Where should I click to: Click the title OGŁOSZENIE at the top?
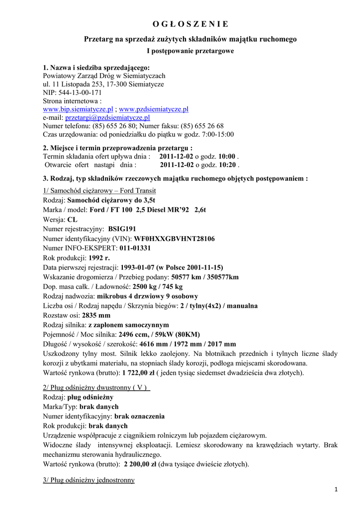pyautogui.click(x=190, y=24)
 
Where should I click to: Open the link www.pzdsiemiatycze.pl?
pyautogui.click(x=154, y=109)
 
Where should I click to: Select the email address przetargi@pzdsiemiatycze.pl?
pyautogui.click(x=107, y=117)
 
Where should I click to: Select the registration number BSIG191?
pyautogui.click(x=122, y=229)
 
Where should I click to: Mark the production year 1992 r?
pyautogui.click(x=99, y=257)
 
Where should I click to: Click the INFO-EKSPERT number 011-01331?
pyautogui.click(x=135, y=248)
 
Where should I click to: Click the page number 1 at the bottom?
pyautogui.click(x=336, y=490)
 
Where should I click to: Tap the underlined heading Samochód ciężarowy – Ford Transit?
pyautogui.click(x=99, y=191)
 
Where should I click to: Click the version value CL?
pyautogui.click(x=73, y=219)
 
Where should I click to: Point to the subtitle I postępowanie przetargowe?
pyautogui.click(x=190, y=51)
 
